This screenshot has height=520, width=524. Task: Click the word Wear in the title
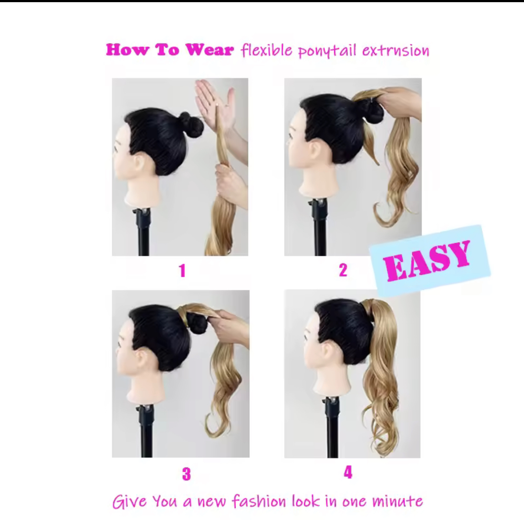pyautogui.click(x=210, y=50)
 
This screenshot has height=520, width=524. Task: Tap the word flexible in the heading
pyautogui.click(x=266, y=50)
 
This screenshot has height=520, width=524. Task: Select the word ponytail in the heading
pyautogui.click(x=327, y=51)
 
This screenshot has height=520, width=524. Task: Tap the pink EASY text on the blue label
pyautogui.click(x=427, y=260)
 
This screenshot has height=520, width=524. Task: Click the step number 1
pyautogui.click(x=182, y=271)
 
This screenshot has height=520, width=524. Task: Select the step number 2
pyautogui.click(x=343, y=270)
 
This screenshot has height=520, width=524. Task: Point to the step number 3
pyautogui.click(x=186, y=474)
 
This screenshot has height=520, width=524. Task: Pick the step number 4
pyautogui.click(x=348, y=472)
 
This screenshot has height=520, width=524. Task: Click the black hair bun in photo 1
pyautogui.click(x=191, y=125)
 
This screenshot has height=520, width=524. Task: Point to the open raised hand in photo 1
pyautogui.click(x=215, y=102)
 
